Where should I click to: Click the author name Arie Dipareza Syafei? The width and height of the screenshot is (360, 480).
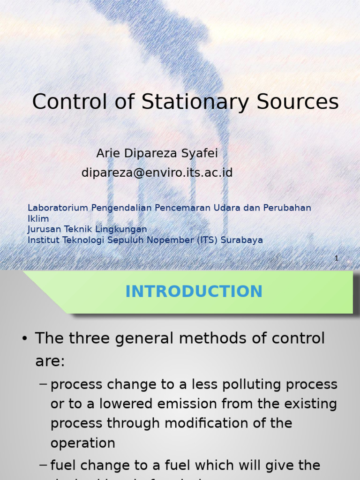click(157, 153)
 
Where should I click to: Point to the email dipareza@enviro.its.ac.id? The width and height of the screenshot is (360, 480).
click(157, 173)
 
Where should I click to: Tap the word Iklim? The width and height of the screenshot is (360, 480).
click(38, 218)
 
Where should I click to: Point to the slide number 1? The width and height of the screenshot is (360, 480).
click(337, 258)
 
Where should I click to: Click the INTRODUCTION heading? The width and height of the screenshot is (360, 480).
click(194, 292)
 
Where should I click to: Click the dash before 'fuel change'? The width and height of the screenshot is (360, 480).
click(43, 465)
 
